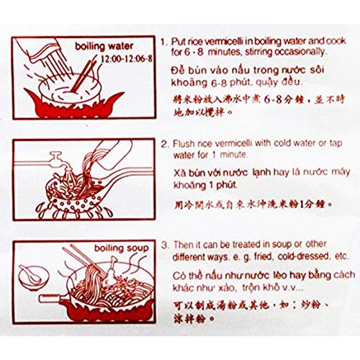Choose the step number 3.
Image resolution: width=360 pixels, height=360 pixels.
pyautogui.click(x=164, y=248)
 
